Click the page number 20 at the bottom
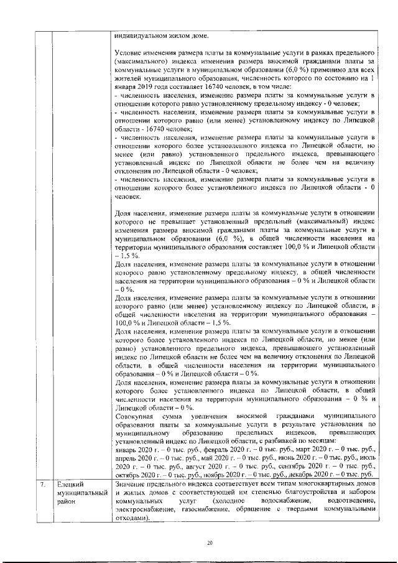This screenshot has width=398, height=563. [210, 544]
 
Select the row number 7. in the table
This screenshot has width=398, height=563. [41, 483]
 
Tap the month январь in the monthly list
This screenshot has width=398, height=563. [127, 449]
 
